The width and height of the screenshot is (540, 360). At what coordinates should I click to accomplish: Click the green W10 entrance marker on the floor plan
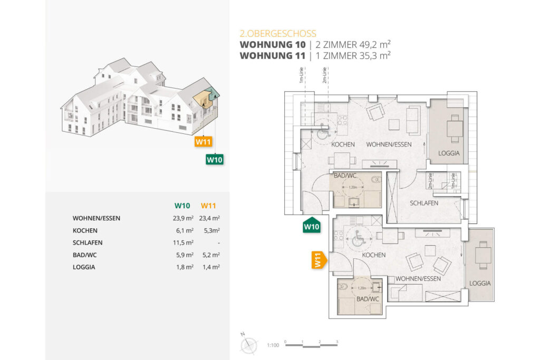(311, 226)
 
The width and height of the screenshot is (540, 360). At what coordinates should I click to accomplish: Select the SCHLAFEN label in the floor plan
(424, 203)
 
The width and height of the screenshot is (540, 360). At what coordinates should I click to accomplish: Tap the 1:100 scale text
(273, 345)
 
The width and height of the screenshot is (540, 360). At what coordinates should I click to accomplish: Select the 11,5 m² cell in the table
(183, 242)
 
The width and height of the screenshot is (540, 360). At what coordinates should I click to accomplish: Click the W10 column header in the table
(182, 206)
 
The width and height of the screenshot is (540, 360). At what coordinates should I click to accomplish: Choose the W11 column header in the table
(209, 206)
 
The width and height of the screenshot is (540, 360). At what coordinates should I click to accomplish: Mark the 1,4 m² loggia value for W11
(210, 267)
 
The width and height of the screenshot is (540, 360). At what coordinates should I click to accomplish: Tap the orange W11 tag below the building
(203, 141)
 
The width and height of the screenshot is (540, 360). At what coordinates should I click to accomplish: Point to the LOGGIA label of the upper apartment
(449, 154)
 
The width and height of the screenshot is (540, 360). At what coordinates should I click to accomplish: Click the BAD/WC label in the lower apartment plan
(368, 299)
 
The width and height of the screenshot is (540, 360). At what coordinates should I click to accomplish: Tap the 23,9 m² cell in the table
(183, 218)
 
